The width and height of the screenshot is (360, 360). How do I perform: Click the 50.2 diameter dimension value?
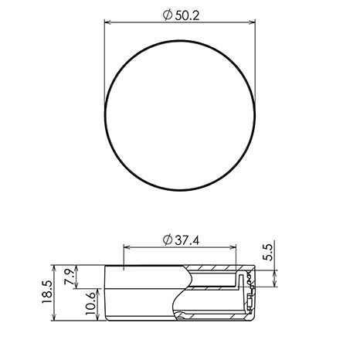click(x=187, y=15)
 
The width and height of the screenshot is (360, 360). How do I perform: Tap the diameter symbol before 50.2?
click(x=168, y=15)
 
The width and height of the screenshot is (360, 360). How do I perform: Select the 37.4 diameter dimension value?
click(x=187, y=240)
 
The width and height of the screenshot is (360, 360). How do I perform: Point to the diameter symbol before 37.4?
click(x=168, y=240)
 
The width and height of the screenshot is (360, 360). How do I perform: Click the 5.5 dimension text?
click(x=268, y=253)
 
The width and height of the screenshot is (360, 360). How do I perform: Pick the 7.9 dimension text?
click(x=69, y=276)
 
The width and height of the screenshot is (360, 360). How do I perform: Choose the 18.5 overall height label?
click(x=47, y=292)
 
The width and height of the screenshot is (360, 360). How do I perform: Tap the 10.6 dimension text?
click(x=90, y=303)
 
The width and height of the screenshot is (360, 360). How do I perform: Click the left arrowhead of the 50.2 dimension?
click(x=107, y=22)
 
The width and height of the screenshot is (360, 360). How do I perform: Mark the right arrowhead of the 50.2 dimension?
click(x=252, y=22)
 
